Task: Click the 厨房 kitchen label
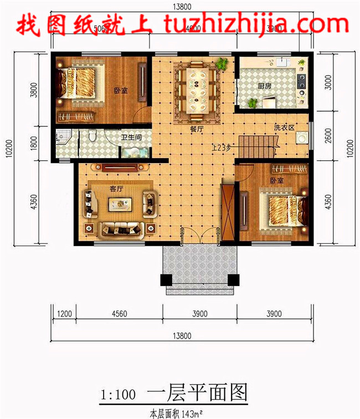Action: pos(265,86)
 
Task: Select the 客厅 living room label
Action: pos(116,189)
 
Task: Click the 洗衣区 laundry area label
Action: pos(283,127)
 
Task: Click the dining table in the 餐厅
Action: pos(197,89)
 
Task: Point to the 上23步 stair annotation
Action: pos(222,147)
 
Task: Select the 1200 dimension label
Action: pos(65,314)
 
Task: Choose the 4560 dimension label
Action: pos(119,314)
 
